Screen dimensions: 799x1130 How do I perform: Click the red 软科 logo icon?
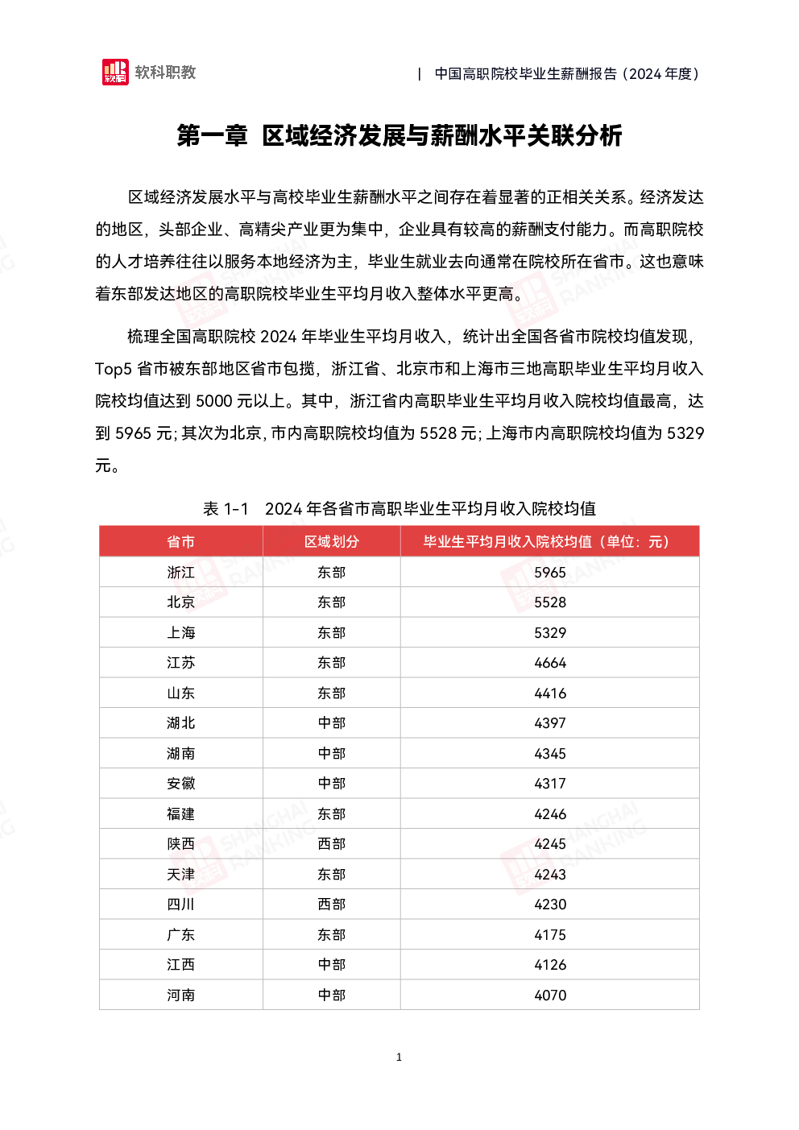(115, 72)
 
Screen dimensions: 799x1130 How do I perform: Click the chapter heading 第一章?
(213, 135)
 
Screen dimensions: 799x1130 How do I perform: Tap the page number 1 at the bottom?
(399, 1057)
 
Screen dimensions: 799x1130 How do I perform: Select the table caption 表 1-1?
(226, 508)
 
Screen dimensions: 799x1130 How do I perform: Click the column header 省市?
(180, 542)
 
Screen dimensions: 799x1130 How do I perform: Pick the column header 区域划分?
(331, 542)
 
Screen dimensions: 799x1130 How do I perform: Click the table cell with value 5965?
(550, 573)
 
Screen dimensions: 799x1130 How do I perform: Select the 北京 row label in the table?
(180, 602)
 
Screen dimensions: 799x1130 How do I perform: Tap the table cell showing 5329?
(550, 632)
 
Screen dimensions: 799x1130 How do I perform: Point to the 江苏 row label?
(180, 662)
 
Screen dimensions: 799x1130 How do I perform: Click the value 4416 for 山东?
(550, 693)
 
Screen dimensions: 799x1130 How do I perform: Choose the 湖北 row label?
(180, 723)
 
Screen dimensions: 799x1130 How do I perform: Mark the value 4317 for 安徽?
(550, 784)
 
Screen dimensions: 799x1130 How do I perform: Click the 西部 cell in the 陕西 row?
(331, 844)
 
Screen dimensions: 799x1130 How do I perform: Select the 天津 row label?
(180, 874)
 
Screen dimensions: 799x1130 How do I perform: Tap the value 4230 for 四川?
(550, 904)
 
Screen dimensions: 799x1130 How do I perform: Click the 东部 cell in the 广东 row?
(331, 935)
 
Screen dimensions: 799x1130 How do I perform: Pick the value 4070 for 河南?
(550, 995)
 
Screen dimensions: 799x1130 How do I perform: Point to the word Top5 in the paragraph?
(113, 369)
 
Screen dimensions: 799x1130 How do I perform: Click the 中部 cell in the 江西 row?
(331, 965)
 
